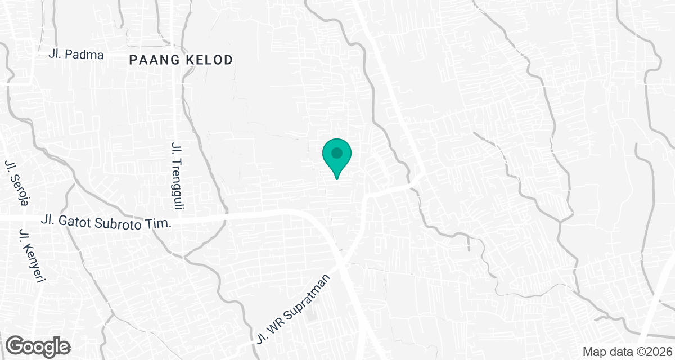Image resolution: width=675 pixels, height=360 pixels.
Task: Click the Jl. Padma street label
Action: (76, 55)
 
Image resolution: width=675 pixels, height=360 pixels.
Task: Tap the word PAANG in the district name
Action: (151, 60)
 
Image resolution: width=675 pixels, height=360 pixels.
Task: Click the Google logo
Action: (38, 345)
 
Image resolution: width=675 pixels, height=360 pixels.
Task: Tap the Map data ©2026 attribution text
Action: (626, 352)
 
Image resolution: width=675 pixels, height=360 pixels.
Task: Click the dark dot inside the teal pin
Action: (337, 152)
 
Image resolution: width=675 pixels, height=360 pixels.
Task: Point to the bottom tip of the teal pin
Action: (337, 178)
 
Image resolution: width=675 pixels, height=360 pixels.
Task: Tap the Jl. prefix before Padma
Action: (56, 55)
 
